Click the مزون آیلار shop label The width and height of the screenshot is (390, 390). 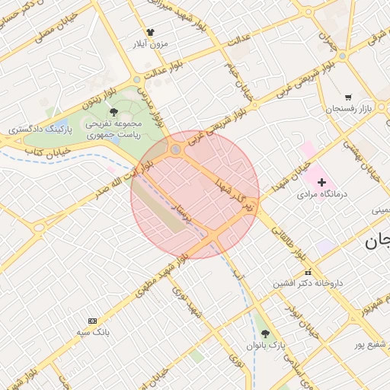(x=150, y=44)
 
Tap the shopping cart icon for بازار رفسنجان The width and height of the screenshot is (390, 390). (x=348, y=97)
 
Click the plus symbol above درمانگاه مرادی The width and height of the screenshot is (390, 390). (x=321, y=182)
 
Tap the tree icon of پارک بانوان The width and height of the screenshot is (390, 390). (x=265, y=334)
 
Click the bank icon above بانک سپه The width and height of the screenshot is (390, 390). (x=93, y=321)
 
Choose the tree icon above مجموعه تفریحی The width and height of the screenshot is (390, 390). (x=113, y=112)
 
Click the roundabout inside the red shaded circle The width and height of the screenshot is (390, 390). (x=176, y=149)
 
